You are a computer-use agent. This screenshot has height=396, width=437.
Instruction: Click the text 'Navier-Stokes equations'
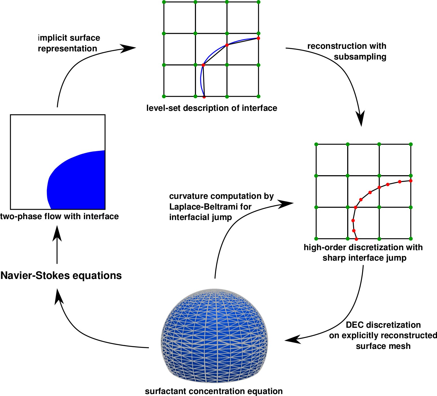click(x=61, y=275)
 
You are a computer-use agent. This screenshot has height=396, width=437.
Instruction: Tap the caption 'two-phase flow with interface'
click(x=59, y=216)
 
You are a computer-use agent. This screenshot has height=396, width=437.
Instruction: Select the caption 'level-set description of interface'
click(x=212, y=108)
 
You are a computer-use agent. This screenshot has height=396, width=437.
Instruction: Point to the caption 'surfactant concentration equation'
click(x=214, y=391)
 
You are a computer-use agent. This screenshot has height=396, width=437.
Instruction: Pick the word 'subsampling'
click(x=360, y=57)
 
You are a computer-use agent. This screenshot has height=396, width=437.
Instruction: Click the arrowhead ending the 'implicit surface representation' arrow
click(x=129, y=48)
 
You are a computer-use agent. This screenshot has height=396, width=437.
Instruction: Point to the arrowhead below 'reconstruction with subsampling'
click(x=360, y=118)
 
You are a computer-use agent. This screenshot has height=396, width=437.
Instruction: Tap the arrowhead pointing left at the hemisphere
click(x=292, y=339)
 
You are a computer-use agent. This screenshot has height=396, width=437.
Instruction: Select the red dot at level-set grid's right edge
click(x=258, y=38)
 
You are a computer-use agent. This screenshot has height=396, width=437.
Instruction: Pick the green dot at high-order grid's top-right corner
click(x=411, y=144)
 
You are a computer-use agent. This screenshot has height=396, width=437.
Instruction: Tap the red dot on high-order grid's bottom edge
click(x=356, y=239)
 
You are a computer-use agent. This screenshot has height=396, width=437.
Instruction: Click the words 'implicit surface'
click(x=69, y=38)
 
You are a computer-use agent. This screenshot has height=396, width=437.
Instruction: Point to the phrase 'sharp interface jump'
click(x=364, y=258)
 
